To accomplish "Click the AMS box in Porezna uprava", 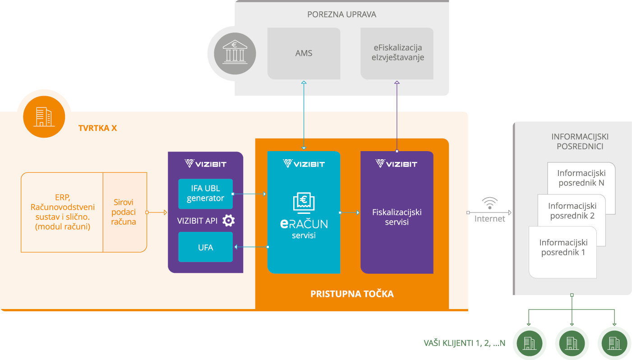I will click(303, 53).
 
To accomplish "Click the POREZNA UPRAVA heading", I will click(341, 14).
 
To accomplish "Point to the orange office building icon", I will click(44, 116).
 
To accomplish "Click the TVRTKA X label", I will click(97, 128).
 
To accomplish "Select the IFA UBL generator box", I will click(205, 194).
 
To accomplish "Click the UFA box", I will click(205, 247).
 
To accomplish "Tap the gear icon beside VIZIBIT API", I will click(229, 221).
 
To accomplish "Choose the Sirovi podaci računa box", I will click(124, 212).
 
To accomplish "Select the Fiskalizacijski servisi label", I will click(397, 217).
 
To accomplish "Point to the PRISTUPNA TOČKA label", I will click(352, 294).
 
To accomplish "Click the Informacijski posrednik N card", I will click(581, 179).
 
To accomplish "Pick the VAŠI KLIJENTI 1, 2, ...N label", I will click(464, 343).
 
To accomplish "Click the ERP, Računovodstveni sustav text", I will click(62, 212).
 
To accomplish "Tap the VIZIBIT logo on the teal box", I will click(304, 163).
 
